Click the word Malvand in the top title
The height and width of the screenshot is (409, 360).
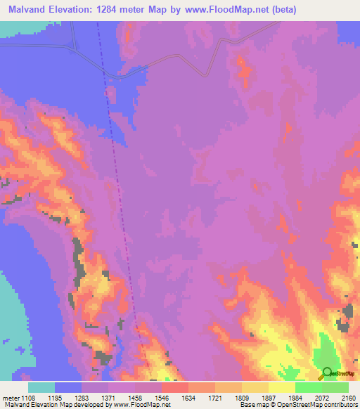click(30, 10)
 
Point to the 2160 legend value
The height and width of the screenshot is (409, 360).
click(349, 397)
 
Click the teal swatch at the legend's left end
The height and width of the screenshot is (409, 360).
click(41, 387)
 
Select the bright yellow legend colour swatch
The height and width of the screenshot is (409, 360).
click(282, 387)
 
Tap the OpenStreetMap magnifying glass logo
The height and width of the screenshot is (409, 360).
click(327, 372)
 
